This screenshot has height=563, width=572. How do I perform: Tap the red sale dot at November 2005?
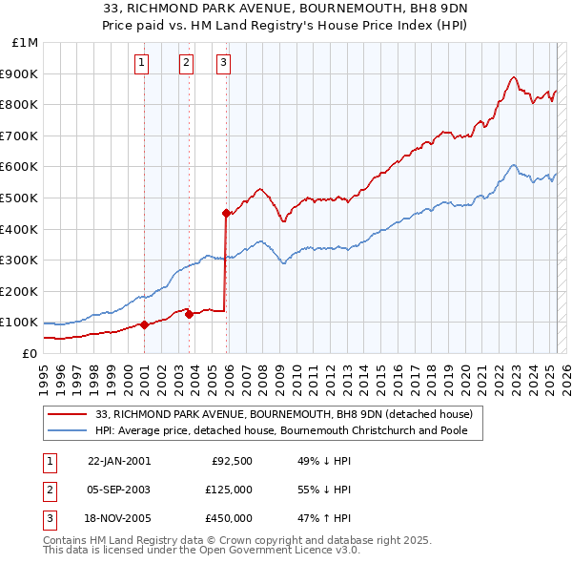(x=226, y=213)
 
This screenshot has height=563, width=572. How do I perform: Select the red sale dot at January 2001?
(x=144, y=324)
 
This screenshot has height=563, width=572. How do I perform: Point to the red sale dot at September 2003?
(x=189, y=314)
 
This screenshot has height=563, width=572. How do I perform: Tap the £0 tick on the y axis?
(x=30, y=353)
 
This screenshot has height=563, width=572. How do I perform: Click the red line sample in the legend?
(x=68, y=414)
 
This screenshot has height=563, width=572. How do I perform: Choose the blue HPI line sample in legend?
(x=68, y=430)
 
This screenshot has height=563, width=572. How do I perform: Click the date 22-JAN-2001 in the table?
(x=119, y=461)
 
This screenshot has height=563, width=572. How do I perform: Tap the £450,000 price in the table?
(x=229, y=518)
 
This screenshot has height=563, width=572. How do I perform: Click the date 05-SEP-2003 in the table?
(x=119, y=490)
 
